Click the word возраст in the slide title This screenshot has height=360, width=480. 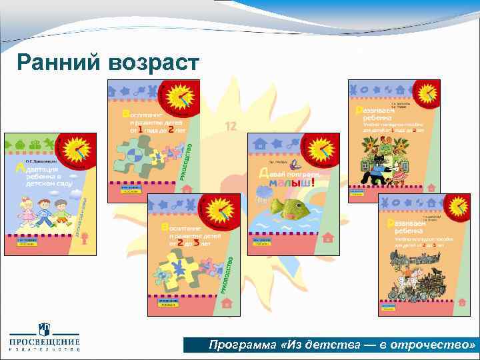click(151, 64)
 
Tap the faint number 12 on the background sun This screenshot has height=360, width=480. click(231, 126)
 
